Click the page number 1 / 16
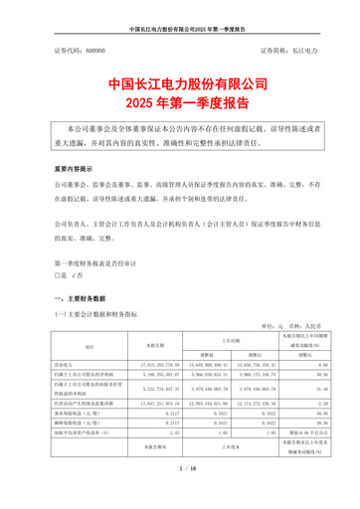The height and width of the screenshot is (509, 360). click(x=180, y=494)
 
